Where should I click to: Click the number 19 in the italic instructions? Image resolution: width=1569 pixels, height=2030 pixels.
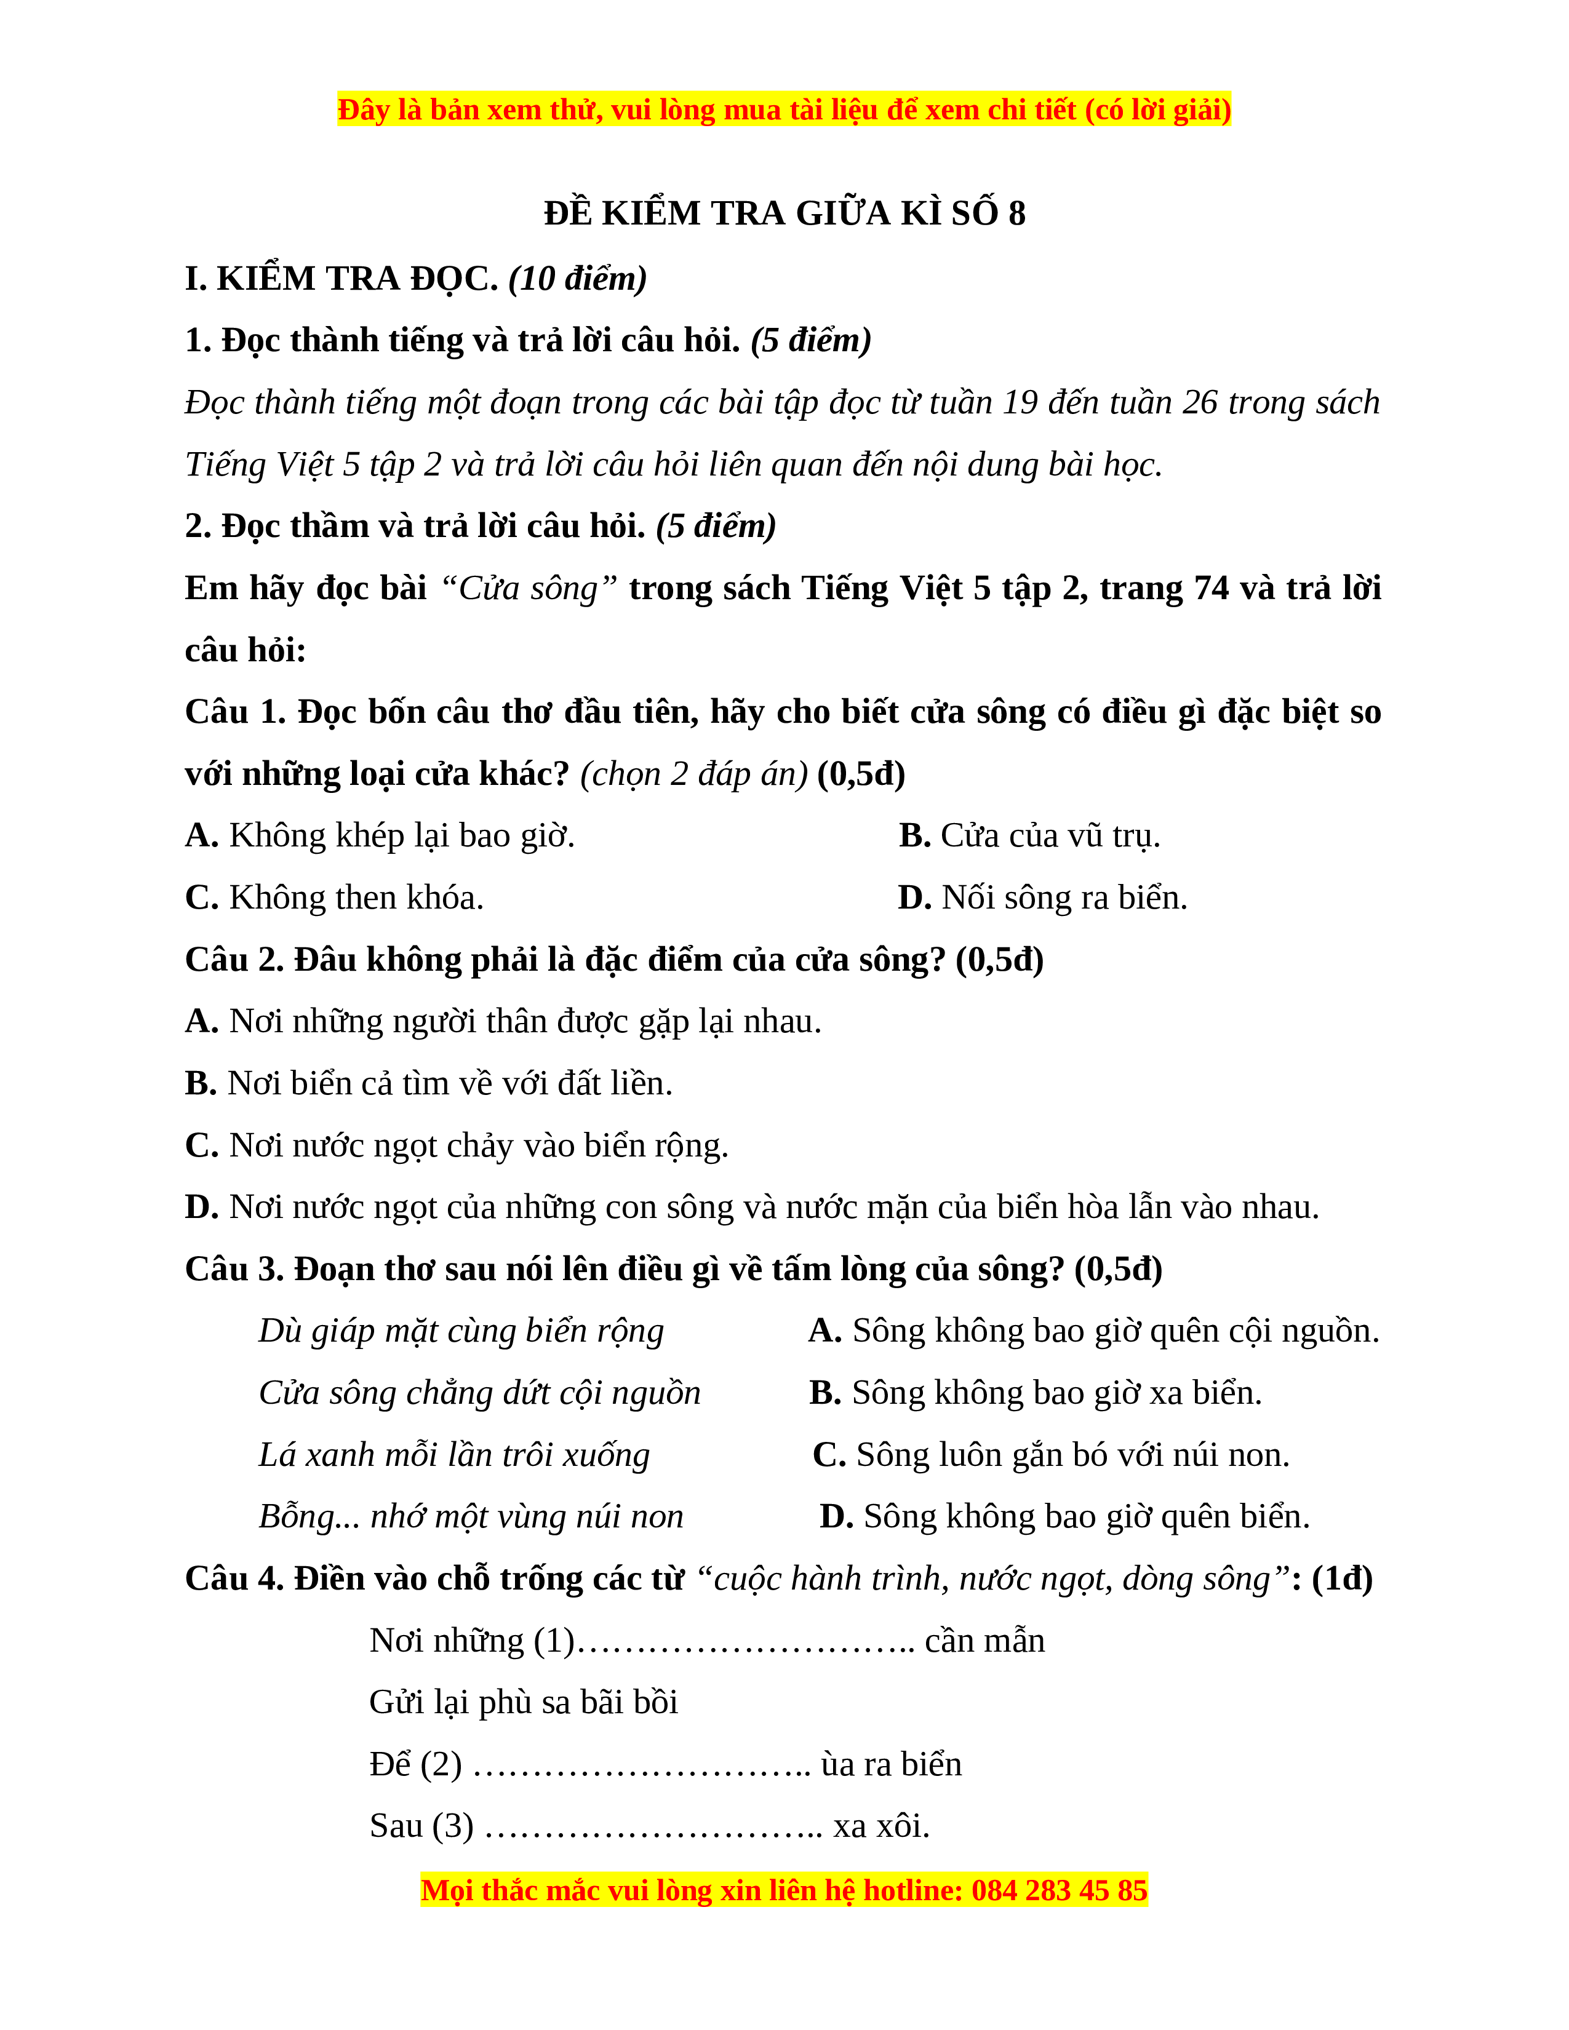click(x=1020, y=402)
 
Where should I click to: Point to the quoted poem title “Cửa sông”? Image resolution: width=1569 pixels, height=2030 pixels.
click(x=528, y=588)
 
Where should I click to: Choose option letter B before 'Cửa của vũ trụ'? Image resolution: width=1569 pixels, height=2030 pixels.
click(x=914, y=835)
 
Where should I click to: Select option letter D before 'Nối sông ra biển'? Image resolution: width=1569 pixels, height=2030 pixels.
click(x=914, y=898)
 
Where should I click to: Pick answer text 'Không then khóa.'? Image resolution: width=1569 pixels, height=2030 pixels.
click(x=356, y=898)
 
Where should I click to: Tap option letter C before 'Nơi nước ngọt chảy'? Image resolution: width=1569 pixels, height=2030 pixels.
click(x=201, y=1146)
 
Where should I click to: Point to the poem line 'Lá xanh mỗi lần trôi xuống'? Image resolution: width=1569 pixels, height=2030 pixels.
click(x=453, y=1455)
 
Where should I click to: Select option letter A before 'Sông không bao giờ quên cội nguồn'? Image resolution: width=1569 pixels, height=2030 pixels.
click(x=824, y=1332)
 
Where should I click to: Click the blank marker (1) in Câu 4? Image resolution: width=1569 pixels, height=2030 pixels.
click(x=554, y=1641)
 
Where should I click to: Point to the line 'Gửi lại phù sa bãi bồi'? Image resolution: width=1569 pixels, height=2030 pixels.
click(x=524, y=1703)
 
